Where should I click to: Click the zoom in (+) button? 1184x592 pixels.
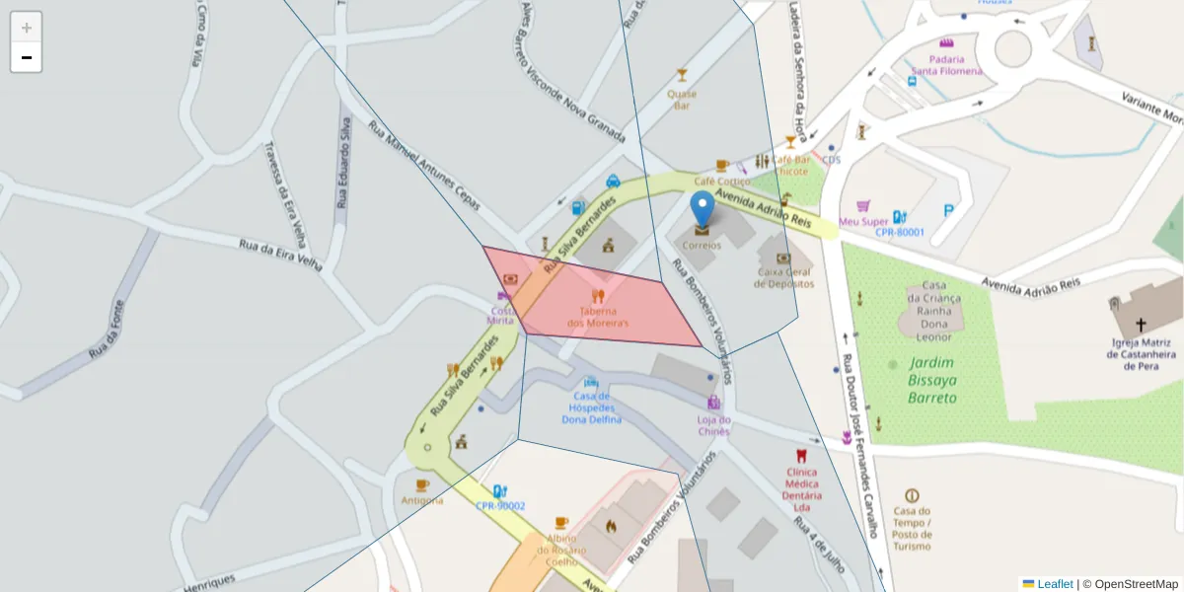click(26, 28)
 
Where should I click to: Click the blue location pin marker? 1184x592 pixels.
click(702, 209)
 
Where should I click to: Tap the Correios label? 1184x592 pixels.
click(702, 245)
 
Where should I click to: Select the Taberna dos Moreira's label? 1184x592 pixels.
click(598, 317)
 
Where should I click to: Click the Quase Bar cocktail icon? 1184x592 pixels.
click(681, 74)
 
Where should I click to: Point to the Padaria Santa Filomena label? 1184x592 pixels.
click(946, 64)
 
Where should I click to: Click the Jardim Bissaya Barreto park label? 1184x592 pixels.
click(932, 380)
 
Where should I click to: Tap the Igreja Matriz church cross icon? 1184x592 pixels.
click(1141, 325)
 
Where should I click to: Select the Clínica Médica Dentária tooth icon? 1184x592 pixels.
click(801, 456)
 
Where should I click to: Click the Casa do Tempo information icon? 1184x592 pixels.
click(912, 495)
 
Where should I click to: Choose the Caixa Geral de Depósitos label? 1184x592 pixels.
click(784, 277)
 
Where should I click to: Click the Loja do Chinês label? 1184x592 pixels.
click(713, 425)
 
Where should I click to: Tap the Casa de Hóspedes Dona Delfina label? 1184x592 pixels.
click(591, 407)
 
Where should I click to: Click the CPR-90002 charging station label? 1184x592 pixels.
click(500, 506)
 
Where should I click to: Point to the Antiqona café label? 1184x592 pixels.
click(422, 500)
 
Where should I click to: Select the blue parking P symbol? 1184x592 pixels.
click(949, 209)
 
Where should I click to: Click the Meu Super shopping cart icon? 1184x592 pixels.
click(864, 206)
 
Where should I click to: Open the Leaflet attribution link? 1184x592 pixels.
click(1055, 584)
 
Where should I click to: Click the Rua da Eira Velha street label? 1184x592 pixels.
click(281, 254)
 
